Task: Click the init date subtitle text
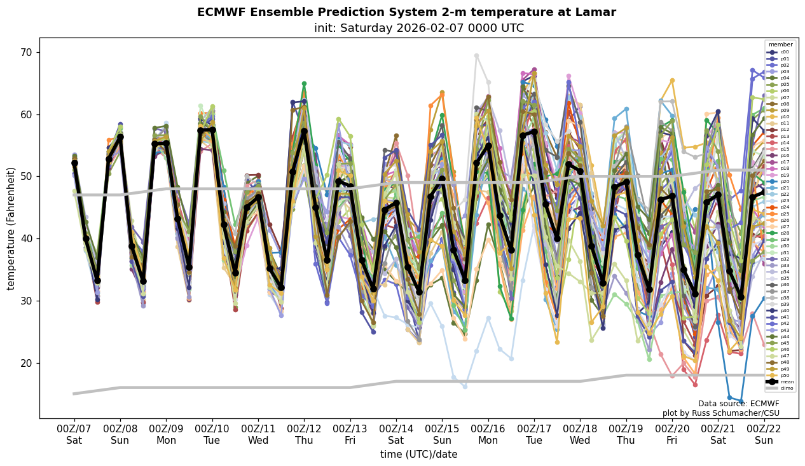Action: pyautogui.click(x=418, y=28)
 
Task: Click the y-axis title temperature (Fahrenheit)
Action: pyautogui.click(x=11, y=228)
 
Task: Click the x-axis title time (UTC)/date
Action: pyautogui.click(x=418, y=455)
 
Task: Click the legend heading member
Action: pyautogui.click(x=781, y=45)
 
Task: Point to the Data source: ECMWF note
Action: pyautogui.click(x=738, y=404)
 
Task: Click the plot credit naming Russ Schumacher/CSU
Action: pyautogui.click(x=720, y=413)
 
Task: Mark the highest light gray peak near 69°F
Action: pyautogui.click(x=476, y=55)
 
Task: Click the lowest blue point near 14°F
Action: pyautogui.click(x=741, y=402)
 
